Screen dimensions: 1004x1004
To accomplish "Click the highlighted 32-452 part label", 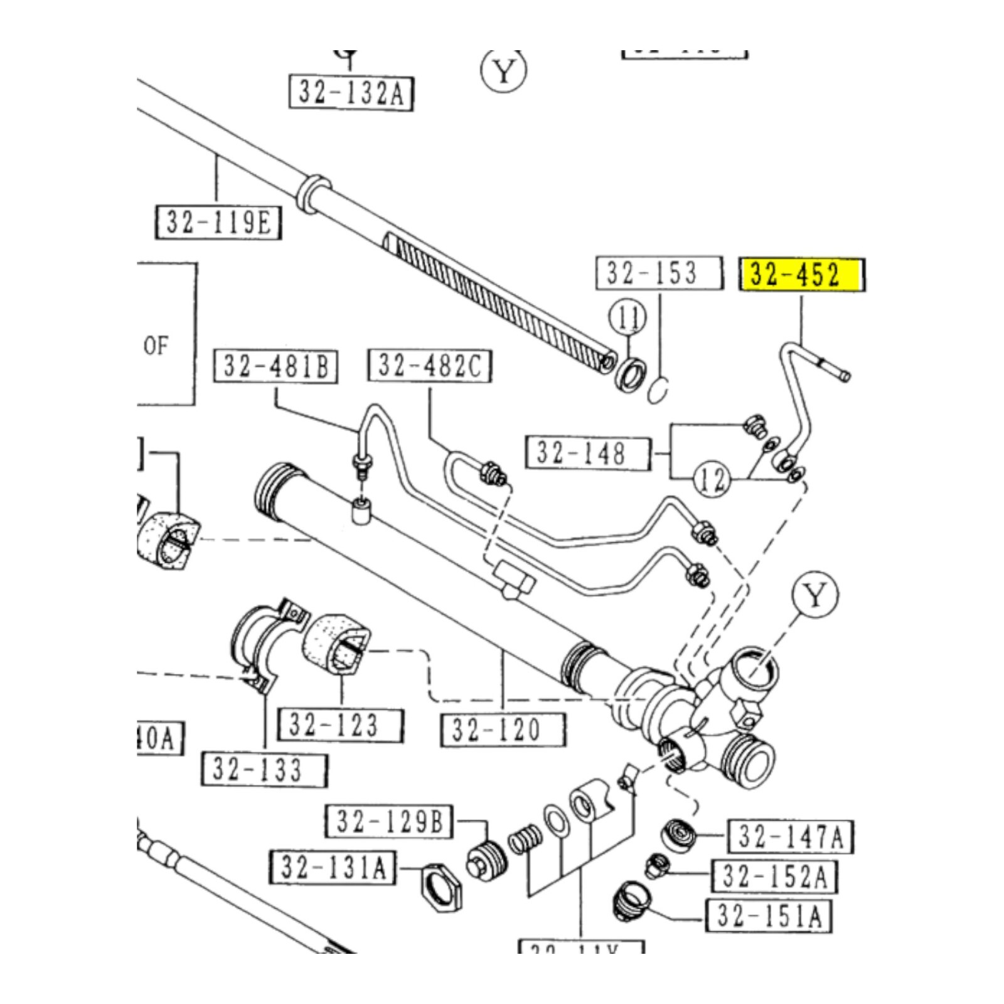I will click(x=802, y=274).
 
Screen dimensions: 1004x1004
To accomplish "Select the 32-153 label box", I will click(x=659, y=273).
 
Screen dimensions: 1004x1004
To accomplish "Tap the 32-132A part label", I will click(x=351, y=93).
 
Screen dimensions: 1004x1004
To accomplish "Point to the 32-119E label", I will click(x=218, y=222).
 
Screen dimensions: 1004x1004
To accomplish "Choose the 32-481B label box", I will click(x=276, y=366).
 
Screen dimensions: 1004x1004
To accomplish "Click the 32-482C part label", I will click(x=430, y=365).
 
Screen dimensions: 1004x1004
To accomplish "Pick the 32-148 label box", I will click(x=587, y=452).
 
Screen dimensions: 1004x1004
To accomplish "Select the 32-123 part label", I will click(x=341, y=725).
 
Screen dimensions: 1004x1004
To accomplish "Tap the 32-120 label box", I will click(x=503, y=729).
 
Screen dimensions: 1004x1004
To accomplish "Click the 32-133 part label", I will click(x=264, y=769).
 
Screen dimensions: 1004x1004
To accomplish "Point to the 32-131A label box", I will click(x=333, y=867).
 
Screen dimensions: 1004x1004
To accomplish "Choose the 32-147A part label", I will click(x=790, y=836).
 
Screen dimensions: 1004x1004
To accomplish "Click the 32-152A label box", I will click(x=774, y=876).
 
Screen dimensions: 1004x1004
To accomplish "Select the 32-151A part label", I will click(x=769, y=916).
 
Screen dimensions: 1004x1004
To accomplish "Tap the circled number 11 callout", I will click(x=627, y=318).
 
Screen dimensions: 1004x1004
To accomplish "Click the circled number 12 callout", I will click(x=712, y=481).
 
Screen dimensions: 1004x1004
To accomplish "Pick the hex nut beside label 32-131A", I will click(x=441, y=887).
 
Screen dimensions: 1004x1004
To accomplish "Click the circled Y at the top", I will click(x=503, y=71).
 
